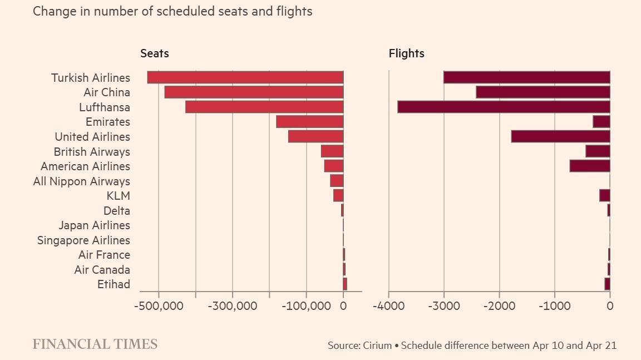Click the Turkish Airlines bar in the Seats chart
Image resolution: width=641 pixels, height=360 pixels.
(245, 77)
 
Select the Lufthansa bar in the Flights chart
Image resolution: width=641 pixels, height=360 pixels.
(504, 107)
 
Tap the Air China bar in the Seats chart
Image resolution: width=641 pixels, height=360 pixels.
(254, 92)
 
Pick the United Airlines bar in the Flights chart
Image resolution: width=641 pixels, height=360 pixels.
(560, 136)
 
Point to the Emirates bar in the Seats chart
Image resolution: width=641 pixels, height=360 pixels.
(310, 122)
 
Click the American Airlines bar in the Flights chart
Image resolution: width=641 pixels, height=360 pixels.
(590, 166)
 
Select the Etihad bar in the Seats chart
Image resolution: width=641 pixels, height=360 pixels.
(345, 284)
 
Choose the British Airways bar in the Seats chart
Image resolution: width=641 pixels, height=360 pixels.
(332, 151)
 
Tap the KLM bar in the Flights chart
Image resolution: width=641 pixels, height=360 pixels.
(605, 195)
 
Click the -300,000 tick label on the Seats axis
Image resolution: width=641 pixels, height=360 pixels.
(232, 305)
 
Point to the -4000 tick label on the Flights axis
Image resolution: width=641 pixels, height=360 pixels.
(388, 305)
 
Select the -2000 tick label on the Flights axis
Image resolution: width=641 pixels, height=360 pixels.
(499, 305)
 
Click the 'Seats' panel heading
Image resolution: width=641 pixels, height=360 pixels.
(155, 53)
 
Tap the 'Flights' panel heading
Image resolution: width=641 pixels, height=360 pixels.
(406, 53)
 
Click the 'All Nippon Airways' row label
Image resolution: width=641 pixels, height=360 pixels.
(82, 181)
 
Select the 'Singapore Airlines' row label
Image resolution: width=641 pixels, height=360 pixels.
(84, 240)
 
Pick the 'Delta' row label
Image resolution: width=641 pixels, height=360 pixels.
(117, 211)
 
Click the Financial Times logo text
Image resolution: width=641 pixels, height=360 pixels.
(95, 344)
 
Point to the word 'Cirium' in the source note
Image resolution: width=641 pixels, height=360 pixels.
(377, 346)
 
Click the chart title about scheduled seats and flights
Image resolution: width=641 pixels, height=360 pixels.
(172, 12)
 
